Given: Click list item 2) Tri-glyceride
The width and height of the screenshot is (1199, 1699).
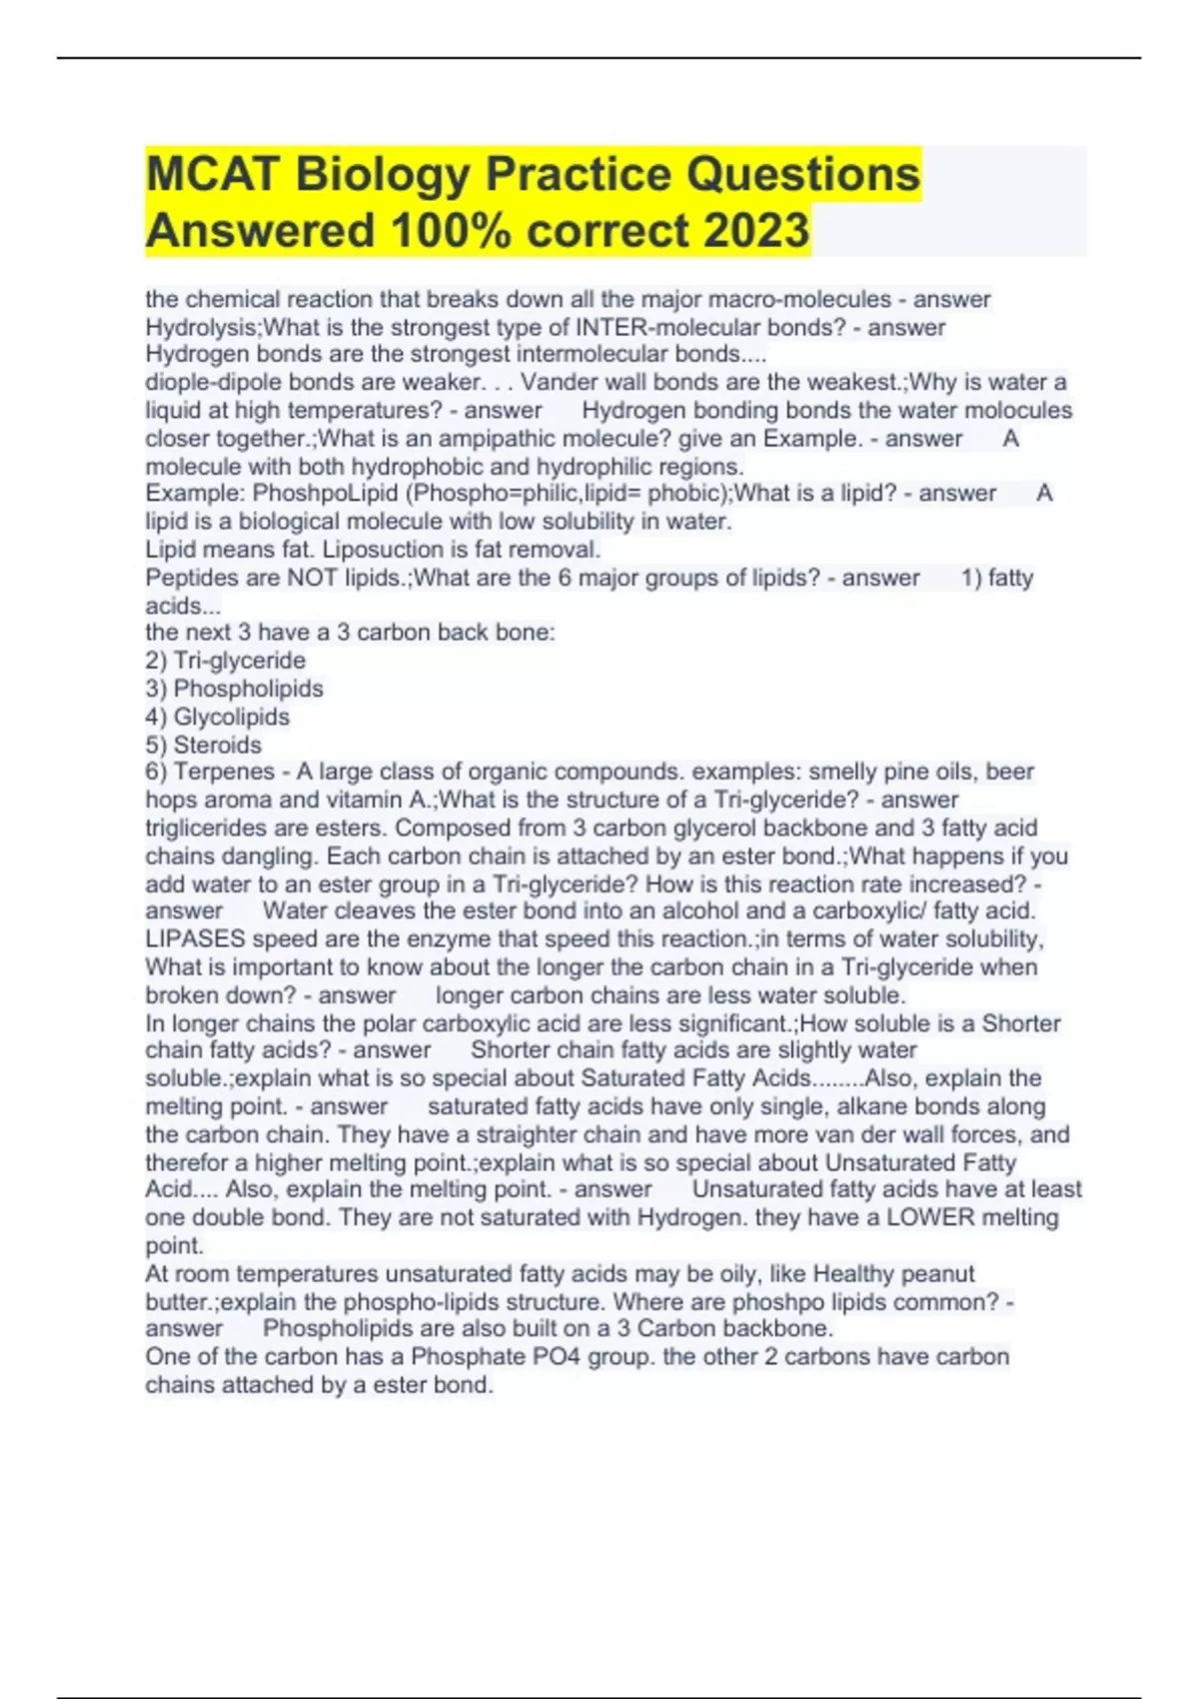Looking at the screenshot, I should click(226, 660).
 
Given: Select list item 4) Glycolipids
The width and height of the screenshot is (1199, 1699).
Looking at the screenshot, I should click(217, 717).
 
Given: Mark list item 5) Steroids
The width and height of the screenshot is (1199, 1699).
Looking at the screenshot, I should click(203, 745).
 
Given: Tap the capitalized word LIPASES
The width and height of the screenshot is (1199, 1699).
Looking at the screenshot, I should click(195, 938).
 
